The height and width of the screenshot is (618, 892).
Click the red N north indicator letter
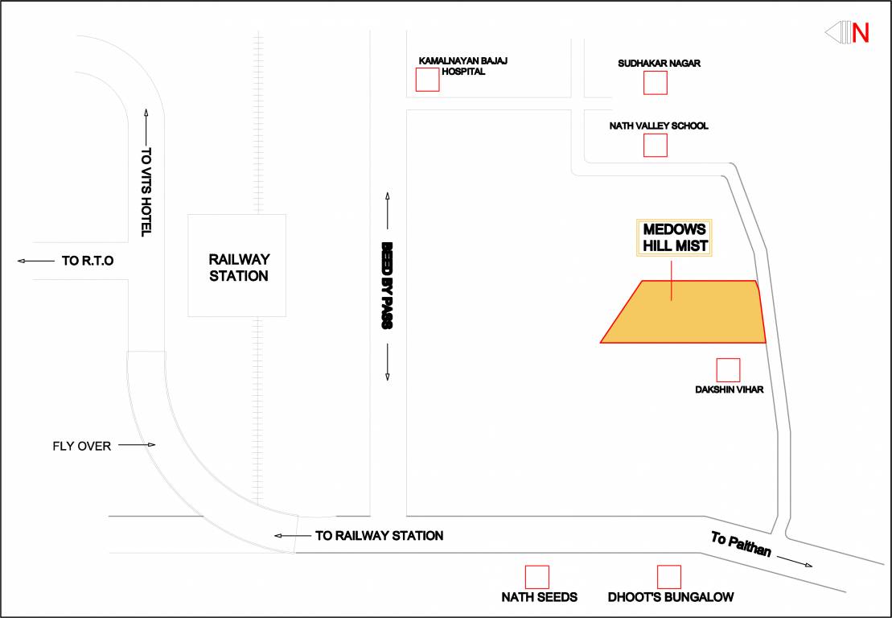[861, 33]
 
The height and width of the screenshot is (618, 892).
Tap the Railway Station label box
[237, 266]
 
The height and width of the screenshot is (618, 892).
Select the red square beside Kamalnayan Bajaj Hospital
[427, 80]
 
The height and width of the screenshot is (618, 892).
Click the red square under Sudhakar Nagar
[655, 83]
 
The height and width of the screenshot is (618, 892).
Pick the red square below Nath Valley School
[656, 145]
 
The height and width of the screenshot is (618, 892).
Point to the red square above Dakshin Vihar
[728, 370]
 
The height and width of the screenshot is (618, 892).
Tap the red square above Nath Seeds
[537, 577]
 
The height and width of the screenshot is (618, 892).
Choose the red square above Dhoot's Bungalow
[669, 577]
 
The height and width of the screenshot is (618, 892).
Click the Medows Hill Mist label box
[674, 237]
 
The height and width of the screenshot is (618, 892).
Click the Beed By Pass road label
[387, 286]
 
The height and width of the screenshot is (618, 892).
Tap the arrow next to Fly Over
[137, 445]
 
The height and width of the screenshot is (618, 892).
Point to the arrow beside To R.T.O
[34, 261]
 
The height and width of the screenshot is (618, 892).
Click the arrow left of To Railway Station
[288, 535]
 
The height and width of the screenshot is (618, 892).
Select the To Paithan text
[741, 545]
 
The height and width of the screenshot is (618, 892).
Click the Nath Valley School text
[659, 126]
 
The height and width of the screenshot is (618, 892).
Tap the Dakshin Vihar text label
[729, 390]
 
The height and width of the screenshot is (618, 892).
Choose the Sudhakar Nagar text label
[660, 63]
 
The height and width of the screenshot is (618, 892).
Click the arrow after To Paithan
[796, 562]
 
